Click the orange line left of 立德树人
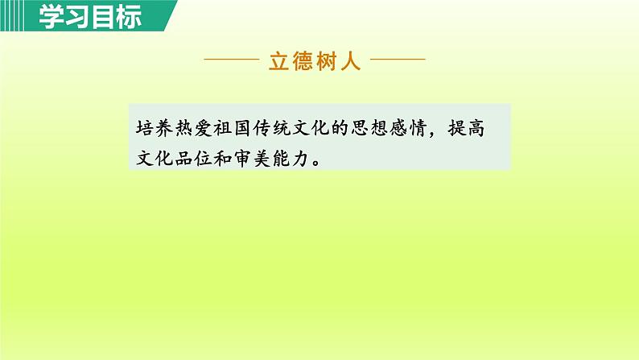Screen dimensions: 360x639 point(233,60)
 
